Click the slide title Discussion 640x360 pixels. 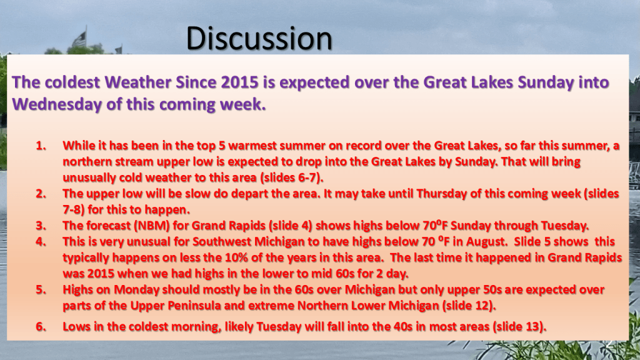pyautogui.click(x=259, y=38)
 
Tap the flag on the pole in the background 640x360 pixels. pyautogui.click(x=79, y=39)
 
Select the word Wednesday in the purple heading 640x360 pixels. pyautogui.click(x=57, y=104)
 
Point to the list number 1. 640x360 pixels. pyautogui.click(x=41, y=146)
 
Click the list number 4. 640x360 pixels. pyautogui.click(x=41, y=242)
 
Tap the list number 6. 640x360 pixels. pyautogui.click(x=41, y=326)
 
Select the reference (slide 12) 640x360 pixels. pyautogui.click(x=469, y=306)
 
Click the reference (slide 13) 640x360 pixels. pyautogui.click(x=519, y=326)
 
